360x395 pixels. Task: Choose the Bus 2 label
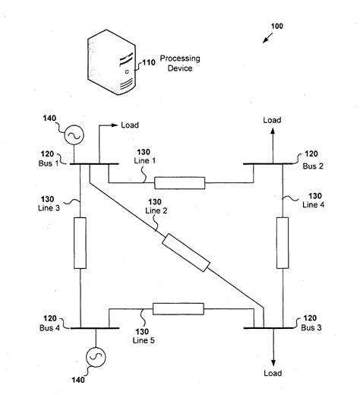click(312, 164)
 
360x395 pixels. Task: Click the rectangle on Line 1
click(179, 183)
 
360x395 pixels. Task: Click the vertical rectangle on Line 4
click(282, 242)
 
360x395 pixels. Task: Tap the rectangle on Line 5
click(178, 308)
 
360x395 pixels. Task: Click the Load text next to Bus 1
click(129, 125)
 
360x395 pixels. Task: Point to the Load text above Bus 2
click(271, 119)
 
